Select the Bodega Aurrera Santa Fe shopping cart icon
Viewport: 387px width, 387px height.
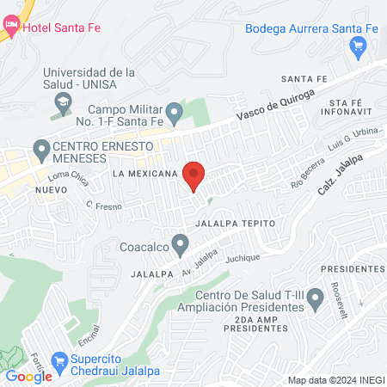tap(359, 47)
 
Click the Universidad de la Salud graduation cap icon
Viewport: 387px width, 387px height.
tap(63, 101)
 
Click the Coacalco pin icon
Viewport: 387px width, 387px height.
tap(180, 244)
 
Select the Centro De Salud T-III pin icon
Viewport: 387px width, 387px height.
tap(316, 298)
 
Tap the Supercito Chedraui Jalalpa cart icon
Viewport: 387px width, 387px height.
tap(59, 361)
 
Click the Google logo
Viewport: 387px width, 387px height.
tap(29, 376)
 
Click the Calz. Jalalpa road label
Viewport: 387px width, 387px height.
tap(344, 172)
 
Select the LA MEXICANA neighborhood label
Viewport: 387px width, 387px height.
tap(144, 173)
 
